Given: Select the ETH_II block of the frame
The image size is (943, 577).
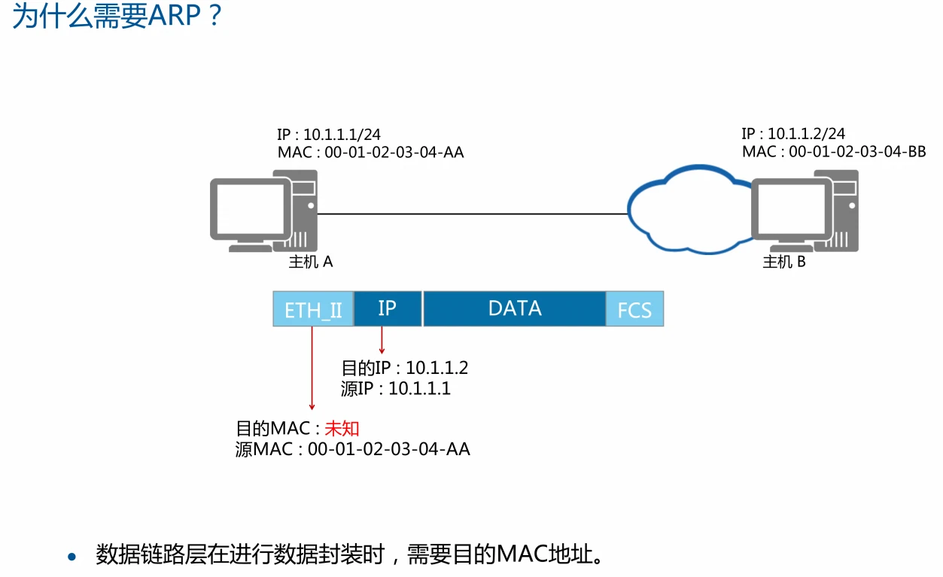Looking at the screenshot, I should (x=313, y=308).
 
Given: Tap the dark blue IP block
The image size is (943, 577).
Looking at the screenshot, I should (x=388, y=308).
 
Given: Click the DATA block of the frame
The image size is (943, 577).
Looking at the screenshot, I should (x=515, y=308).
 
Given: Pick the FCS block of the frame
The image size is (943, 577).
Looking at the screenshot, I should (x=634, y=309).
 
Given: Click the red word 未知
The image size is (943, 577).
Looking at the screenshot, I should (x=342, y=429).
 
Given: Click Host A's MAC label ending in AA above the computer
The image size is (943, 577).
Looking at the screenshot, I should (x=370, y=153).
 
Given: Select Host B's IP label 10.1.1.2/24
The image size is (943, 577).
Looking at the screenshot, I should (x=793, y=134).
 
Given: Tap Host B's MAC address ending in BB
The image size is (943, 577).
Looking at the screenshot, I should (x=834, y=152).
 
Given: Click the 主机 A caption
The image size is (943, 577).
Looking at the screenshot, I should (x=311, y=262).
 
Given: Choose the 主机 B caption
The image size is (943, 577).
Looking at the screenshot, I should (x=784, y=262).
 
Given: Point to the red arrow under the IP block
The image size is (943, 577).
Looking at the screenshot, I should (x=382, y=340).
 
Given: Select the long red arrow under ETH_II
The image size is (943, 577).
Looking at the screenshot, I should (x=312, y=369).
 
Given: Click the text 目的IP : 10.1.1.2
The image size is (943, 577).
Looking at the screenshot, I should (x=405, y=369).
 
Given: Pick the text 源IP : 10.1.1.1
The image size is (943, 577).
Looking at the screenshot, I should (x=395, y=388).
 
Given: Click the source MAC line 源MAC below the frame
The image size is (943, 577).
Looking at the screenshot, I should (x=352, y=450).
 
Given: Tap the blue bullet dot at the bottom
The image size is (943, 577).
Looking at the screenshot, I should (x=72, y=557).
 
